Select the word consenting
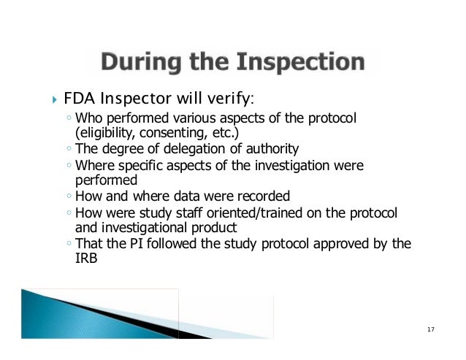point(170,132)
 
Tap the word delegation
point(183,149)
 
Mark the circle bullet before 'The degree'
point(67,150)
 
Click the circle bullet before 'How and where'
point(67,196)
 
